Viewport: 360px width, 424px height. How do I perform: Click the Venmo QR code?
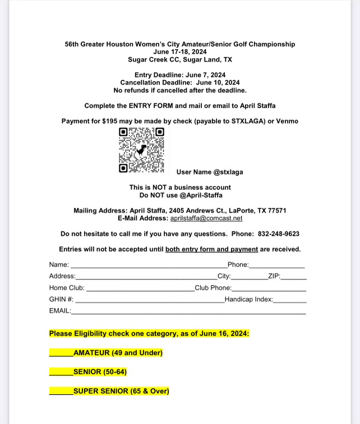point(141,150)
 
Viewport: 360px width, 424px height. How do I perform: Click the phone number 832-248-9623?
point(279,234)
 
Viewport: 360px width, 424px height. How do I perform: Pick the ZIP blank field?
point(293,277)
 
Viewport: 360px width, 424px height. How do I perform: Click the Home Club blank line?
point(140,289)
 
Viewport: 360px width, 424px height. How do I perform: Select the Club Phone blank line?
point(269,289)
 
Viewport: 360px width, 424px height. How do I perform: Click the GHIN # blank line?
point(149,301)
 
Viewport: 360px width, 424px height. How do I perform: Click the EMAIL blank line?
point(188,312)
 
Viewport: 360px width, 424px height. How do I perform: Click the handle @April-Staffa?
point(200,195)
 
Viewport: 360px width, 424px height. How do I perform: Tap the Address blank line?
point(146,277)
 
